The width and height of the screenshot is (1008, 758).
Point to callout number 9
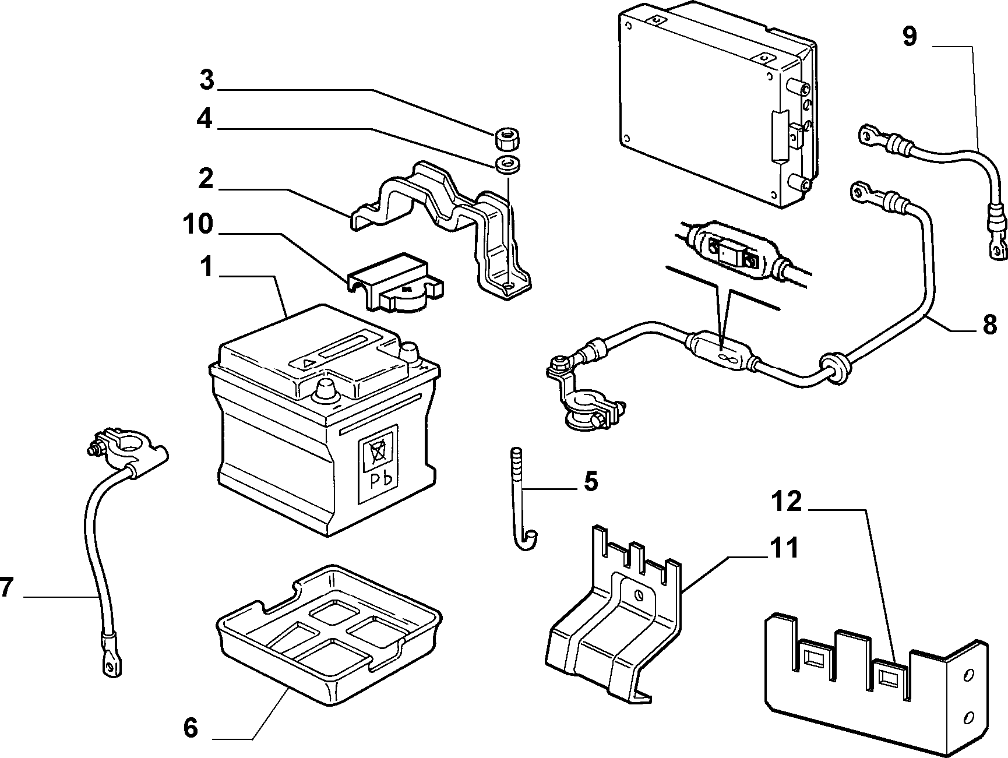[x=910, y=36]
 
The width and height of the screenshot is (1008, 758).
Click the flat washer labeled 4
[x=507, y=164]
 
